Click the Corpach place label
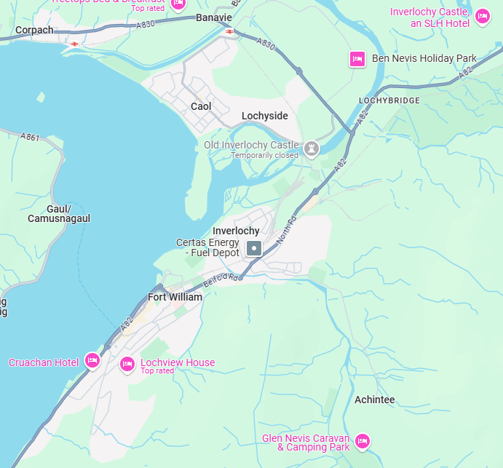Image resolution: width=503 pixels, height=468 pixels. coord(35,31)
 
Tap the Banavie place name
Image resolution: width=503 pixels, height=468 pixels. coord(214,17)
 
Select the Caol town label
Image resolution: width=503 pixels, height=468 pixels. coord(201,106)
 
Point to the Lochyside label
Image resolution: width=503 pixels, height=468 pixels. coord(265,116)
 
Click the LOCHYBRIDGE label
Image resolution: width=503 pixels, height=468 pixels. coord(389,100)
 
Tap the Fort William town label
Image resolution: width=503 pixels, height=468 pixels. coord(175,297)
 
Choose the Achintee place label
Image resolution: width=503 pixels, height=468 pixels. coord(374,400)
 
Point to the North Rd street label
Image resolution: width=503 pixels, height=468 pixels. coord(288,229)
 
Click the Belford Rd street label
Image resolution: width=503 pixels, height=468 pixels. coord(221,278)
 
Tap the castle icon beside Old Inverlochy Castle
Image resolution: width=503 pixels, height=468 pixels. coord(312,148)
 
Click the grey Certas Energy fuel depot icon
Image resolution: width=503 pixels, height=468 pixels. coord(253,248)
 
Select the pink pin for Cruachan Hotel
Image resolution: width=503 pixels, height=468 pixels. coord(92,360)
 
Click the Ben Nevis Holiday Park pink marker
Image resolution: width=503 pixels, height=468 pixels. coord(357,59)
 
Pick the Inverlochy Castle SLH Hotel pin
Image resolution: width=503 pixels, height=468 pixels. coord(481,16)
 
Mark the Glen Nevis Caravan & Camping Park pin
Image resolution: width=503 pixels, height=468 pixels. coord(362,441)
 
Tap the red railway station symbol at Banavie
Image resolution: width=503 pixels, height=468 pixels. coord(229,31)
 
